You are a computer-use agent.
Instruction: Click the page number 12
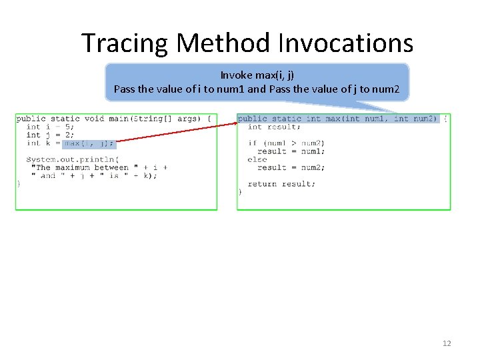point(446,343)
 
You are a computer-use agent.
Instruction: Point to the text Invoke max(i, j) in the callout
point(257,75)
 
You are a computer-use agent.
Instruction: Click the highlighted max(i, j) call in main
point(89,143)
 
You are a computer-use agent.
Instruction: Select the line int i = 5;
point(50,127)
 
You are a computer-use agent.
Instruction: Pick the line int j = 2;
point(50,135)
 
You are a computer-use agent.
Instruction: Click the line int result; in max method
point(274,127)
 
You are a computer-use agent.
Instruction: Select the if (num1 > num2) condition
point(286,143)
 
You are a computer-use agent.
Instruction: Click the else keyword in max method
point(257,159)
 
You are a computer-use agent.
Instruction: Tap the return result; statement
point(281,184)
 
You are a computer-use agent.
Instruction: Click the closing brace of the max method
point(240,192)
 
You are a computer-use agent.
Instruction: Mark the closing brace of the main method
point(19,184)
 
